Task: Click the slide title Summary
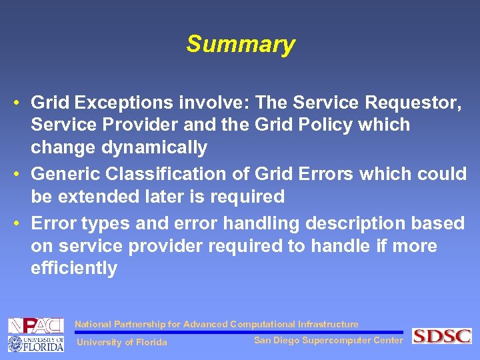(240, 45)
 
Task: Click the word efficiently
(73, 269)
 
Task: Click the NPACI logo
(35, 326)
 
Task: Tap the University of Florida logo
(35, 343)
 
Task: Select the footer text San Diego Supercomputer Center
(328, 341)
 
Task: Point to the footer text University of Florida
(122, 343)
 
